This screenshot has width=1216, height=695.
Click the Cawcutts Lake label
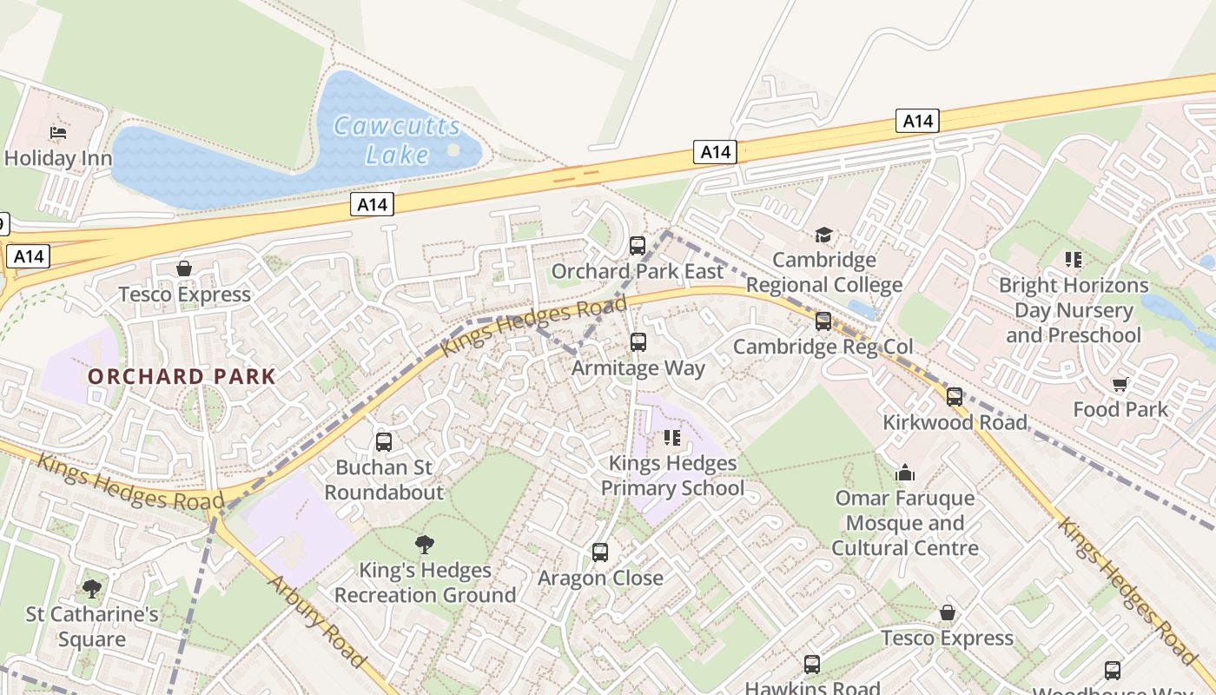point(398,140)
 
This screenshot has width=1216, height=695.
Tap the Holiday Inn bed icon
point(58,133)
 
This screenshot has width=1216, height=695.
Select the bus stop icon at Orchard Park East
point(638,246)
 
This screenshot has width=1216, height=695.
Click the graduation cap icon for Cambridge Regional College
point(823,235)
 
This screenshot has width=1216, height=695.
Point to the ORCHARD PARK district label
point(182,377)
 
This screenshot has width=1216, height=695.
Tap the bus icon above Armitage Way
point(638,342)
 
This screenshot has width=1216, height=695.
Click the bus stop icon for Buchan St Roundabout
point(384,442)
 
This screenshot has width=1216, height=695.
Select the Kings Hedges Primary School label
point(672,475)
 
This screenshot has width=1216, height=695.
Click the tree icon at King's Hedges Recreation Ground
point(425,545)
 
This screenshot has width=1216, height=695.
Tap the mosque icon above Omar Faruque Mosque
point(905,473)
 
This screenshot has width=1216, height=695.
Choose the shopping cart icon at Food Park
point(1120,384)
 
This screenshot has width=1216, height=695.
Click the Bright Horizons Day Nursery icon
point(1074,260)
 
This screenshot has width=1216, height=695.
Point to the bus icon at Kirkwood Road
point(955,397)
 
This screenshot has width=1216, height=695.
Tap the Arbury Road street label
point(318,621)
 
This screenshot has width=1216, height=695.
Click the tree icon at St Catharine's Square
point(92,589)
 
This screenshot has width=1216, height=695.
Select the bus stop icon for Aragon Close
point(600,553)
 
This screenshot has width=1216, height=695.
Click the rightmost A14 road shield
point(917,121)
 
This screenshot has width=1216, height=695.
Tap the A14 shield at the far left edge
point(29,256)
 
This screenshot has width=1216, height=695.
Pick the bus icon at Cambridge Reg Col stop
point(823,321)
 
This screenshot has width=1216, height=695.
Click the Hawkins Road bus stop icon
point(812,665)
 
